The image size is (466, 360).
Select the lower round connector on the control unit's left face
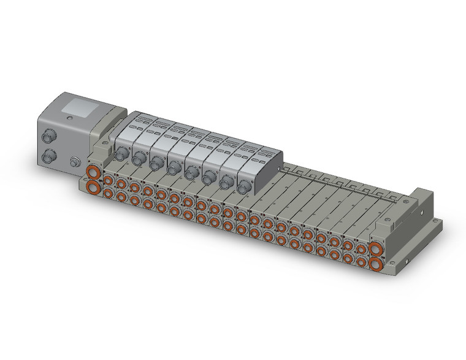tap(47, 156)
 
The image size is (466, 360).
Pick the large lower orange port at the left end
tap(93, 186)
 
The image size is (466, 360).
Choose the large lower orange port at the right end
tap(375, 265)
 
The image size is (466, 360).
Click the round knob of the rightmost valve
tap(244, 185)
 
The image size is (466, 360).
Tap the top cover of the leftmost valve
tap(137, 125)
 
